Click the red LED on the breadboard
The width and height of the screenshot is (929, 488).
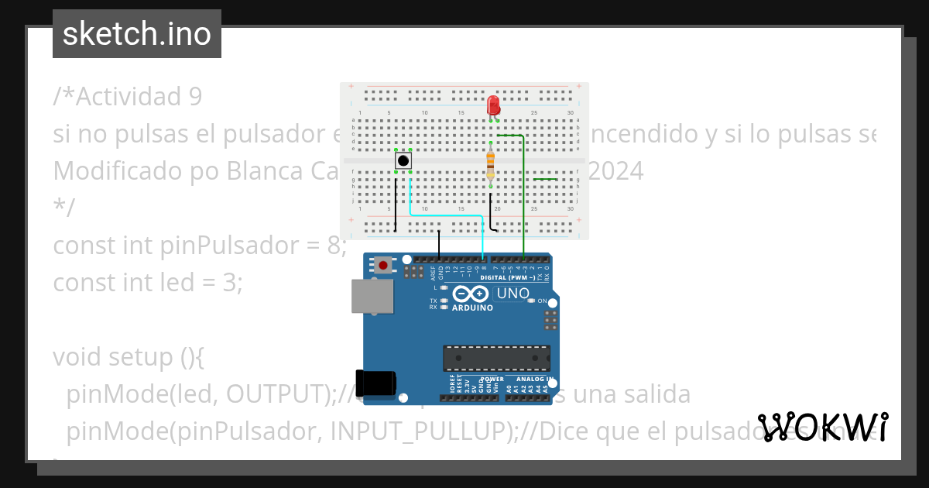(494, 105)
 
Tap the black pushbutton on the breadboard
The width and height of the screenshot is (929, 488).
(403, 160)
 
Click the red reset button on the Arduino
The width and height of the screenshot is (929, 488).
(383, 266)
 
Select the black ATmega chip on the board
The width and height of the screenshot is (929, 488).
(496, 358)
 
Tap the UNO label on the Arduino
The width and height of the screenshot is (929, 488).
(512, 294)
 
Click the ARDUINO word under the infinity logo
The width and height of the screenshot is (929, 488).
(471, 308)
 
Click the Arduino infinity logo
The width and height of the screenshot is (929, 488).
(471, 294)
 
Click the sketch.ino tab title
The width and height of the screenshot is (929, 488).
(137, 34)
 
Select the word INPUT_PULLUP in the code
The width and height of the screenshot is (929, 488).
(419, 431)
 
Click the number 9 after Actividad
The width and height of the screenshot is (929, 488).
(195, 97)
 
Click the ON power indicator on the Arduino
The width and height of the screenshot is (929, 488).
(542, 301)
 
